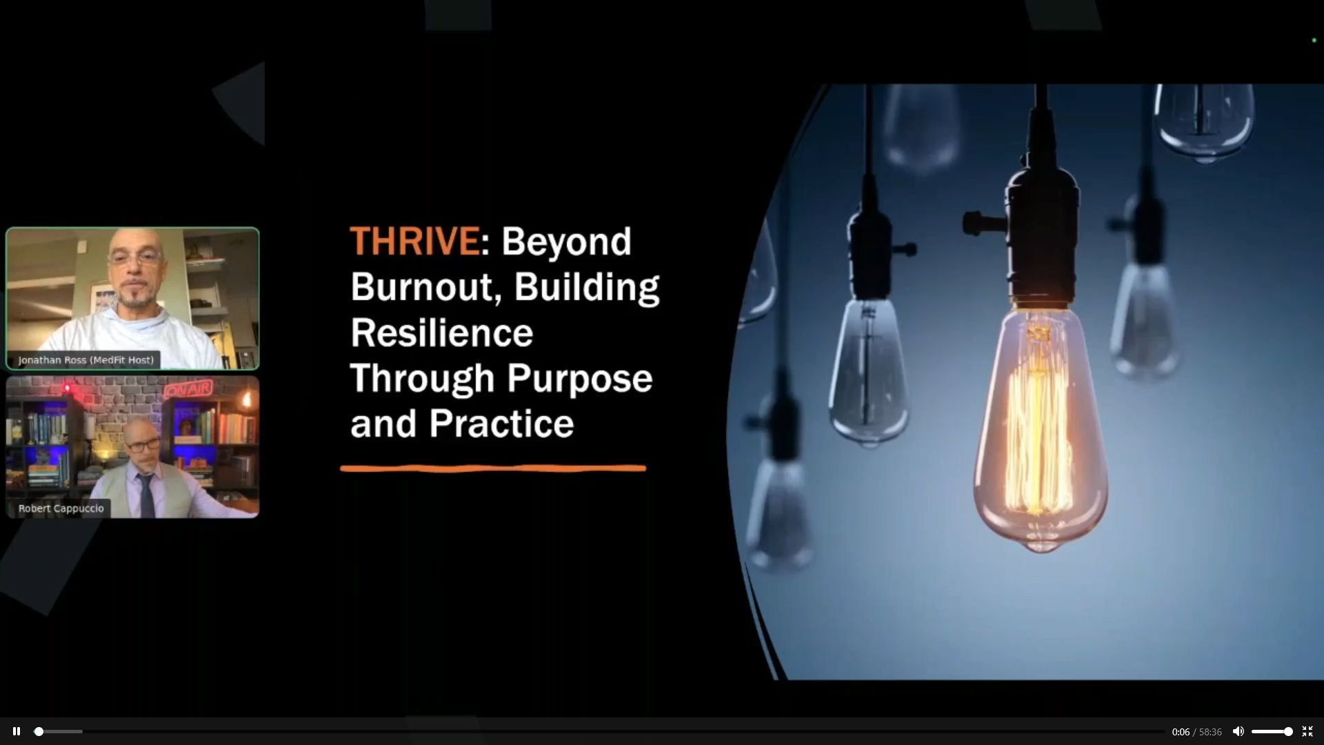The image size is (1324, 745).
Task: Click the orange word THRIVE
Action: tap(415, 241)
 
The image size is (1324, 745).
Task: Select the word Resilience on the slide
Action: tap(442, 332)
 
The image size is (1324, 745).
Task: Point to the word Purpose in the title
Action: tap(580, 379)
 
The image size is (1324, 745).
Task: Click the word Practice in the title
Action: tap(501, 424)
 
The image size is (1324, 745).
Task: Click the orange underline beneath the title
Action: tap(493, 468)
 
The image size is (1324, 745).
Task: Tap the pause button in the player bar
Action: tap(17, 731)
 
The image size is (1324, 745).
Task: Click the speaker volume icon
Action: tap(1238, 731)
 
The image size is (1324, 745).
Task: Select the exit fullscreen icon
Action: tap(1307, 731)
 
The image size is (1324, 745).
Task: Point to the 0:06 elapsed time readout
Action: tap(1181, 732)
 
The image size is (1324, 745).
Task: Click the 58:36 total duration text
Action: tap(1210, 732)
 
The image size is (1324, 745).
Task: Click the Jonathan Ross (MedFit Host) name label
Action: tap(86, 360)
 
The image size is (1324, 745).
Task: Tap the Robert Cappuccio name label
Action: tap(61, 508)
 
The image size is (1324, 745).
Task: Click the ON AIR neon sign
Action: tap(188, 389)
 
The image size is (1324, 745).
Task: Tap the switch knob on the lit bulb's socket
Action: tap(974, 222)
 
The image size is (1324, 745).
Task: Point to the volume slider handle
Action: tap(1287, 731)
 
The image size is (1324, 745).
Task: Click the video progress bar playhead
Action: tap(39, 731)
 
